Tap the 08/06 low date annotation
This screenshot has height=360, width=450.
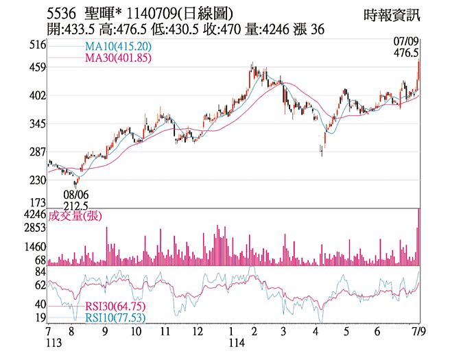coord(75,195)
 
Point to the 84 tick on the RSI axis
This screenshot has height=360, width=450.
coord(40,272)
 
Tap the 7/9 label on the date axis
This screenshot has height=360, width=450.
coord(416,331)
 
